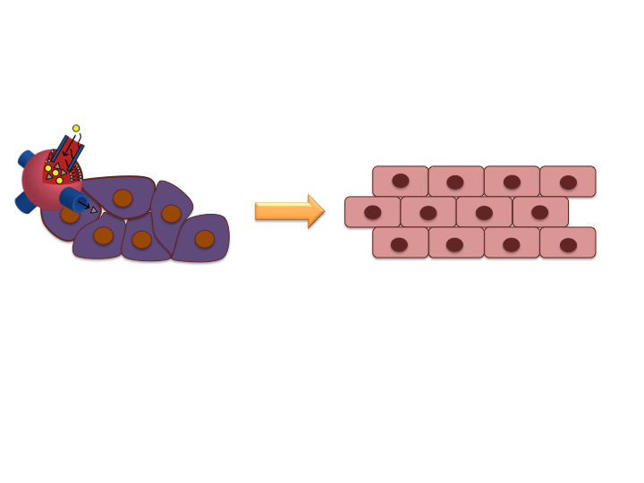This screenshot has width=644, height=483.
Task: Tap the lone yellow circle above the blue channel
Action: [x=76, y=129]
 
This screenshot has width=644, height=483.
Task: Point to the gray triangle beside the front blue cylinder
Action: [x=94, y=209]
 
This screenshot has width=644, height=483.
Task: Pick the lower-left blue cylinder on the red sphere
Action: [x=24, y=203]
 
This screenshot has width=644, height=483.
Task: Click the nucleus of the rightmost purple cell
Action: [x=205, y=239]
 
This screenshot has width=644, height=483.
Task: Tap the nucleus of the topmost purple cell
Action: [x=123, y=199]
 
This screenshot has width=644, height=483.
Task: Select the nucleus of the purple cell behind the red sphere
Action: [x=70, y=215]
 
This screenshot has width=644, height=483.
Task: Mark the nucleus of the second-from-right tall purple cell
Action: [x=171, y=214]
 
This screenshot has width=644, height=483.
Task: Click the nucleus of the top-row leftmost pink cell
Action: [x=400, y=181]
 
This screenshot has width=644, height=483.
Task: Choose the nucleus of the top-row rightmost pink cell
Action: [x=568, y=182]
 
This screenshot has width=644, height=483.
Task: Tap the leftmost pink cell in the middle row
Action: [x=372, y=213]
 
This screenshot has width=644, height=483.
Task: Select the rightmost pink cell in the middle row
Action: [x=540, y=213]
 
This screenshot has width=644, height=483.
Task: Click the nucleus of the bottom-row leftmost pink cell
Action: [x=399, y=244]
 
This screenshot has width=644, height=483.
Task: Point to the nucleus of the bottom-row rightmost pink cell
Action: [x=568, y=244]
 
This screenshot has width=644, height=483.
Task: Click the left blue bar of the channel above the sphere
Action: [x=60, y=149]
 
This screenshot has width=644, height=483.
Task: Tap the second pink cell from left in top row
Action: [x=455, y=182]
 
